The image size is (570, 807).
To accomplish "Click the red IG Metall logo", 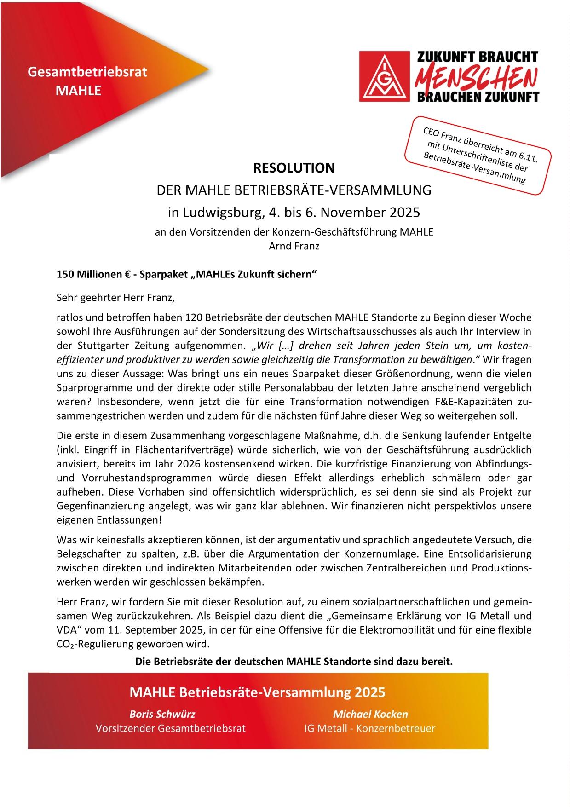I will pos(383,76).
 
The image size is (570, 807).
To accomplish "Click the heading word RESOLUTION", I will pos(294,168).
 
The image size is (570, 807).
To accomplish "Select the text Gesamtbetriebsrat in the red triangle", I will pos(87,72).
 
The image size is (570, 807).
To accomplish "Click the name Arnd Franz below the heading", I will pos(294,246).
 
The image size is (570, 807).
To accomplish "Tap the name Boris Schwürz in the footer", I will pos(162,714).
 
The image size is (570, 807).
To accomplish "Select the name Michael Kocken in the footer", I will pos(370,714).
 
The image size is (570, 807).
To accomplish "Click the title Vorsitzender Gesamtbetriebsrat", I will pos(170,728).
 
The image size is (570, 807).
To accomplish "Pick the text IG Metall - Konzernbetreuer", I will pos(369,728).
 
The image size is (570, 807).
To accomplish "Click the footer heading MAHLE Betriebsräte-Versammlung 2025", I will pos(258,692).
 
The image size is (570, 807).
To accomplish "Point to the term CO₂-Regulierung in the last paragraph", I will pos(101,644).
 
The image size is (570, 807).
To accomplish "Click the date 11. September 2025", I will pos(143,629).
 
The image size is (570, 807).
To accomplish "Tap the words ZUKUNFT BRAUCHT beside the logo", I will pos(477,57).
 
